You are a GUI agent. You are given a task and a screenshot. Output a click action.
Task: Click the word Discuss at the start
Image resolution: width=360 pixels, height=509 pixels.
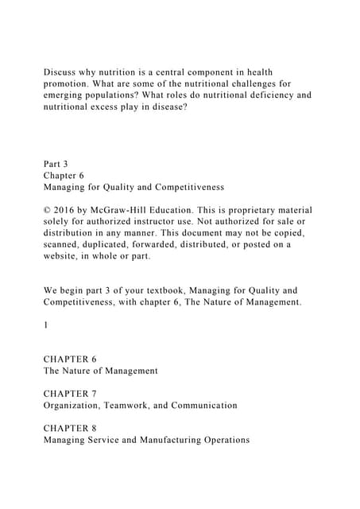tap(61, 72)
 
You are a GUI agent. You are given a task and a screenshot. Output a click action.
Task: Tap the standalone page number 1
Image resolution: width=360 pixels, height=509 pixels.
tap(46, 324)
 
